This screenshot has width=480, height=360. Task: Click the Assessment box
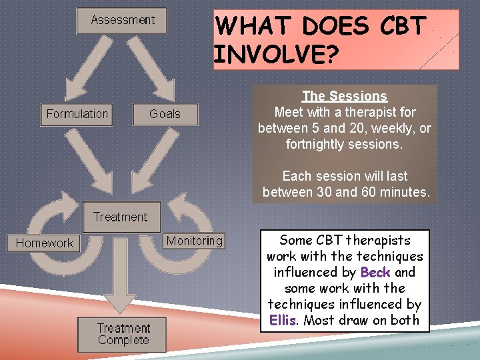(122, 21)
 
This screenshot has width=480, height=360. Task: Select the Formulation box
(77, 114)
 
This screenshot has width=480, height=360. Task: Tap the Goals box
(165, 114)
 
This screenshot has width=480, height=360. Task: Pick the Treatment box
(121, 217)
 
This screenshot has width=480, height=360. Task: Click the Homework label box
(45, 243)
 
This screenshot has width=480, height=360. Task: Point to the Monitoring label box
(194, 241)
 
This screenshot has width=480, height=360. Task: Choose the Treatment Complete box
(123, 334)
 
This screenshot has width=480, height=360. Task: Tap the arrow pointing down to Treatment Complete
(121, 280)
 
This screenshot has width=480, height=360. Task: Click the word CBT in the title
(401, 26)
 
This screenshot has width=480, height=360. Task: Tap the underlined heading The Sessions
(344, 96)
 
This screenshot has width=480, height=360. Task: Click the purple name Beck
(375, 272)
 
